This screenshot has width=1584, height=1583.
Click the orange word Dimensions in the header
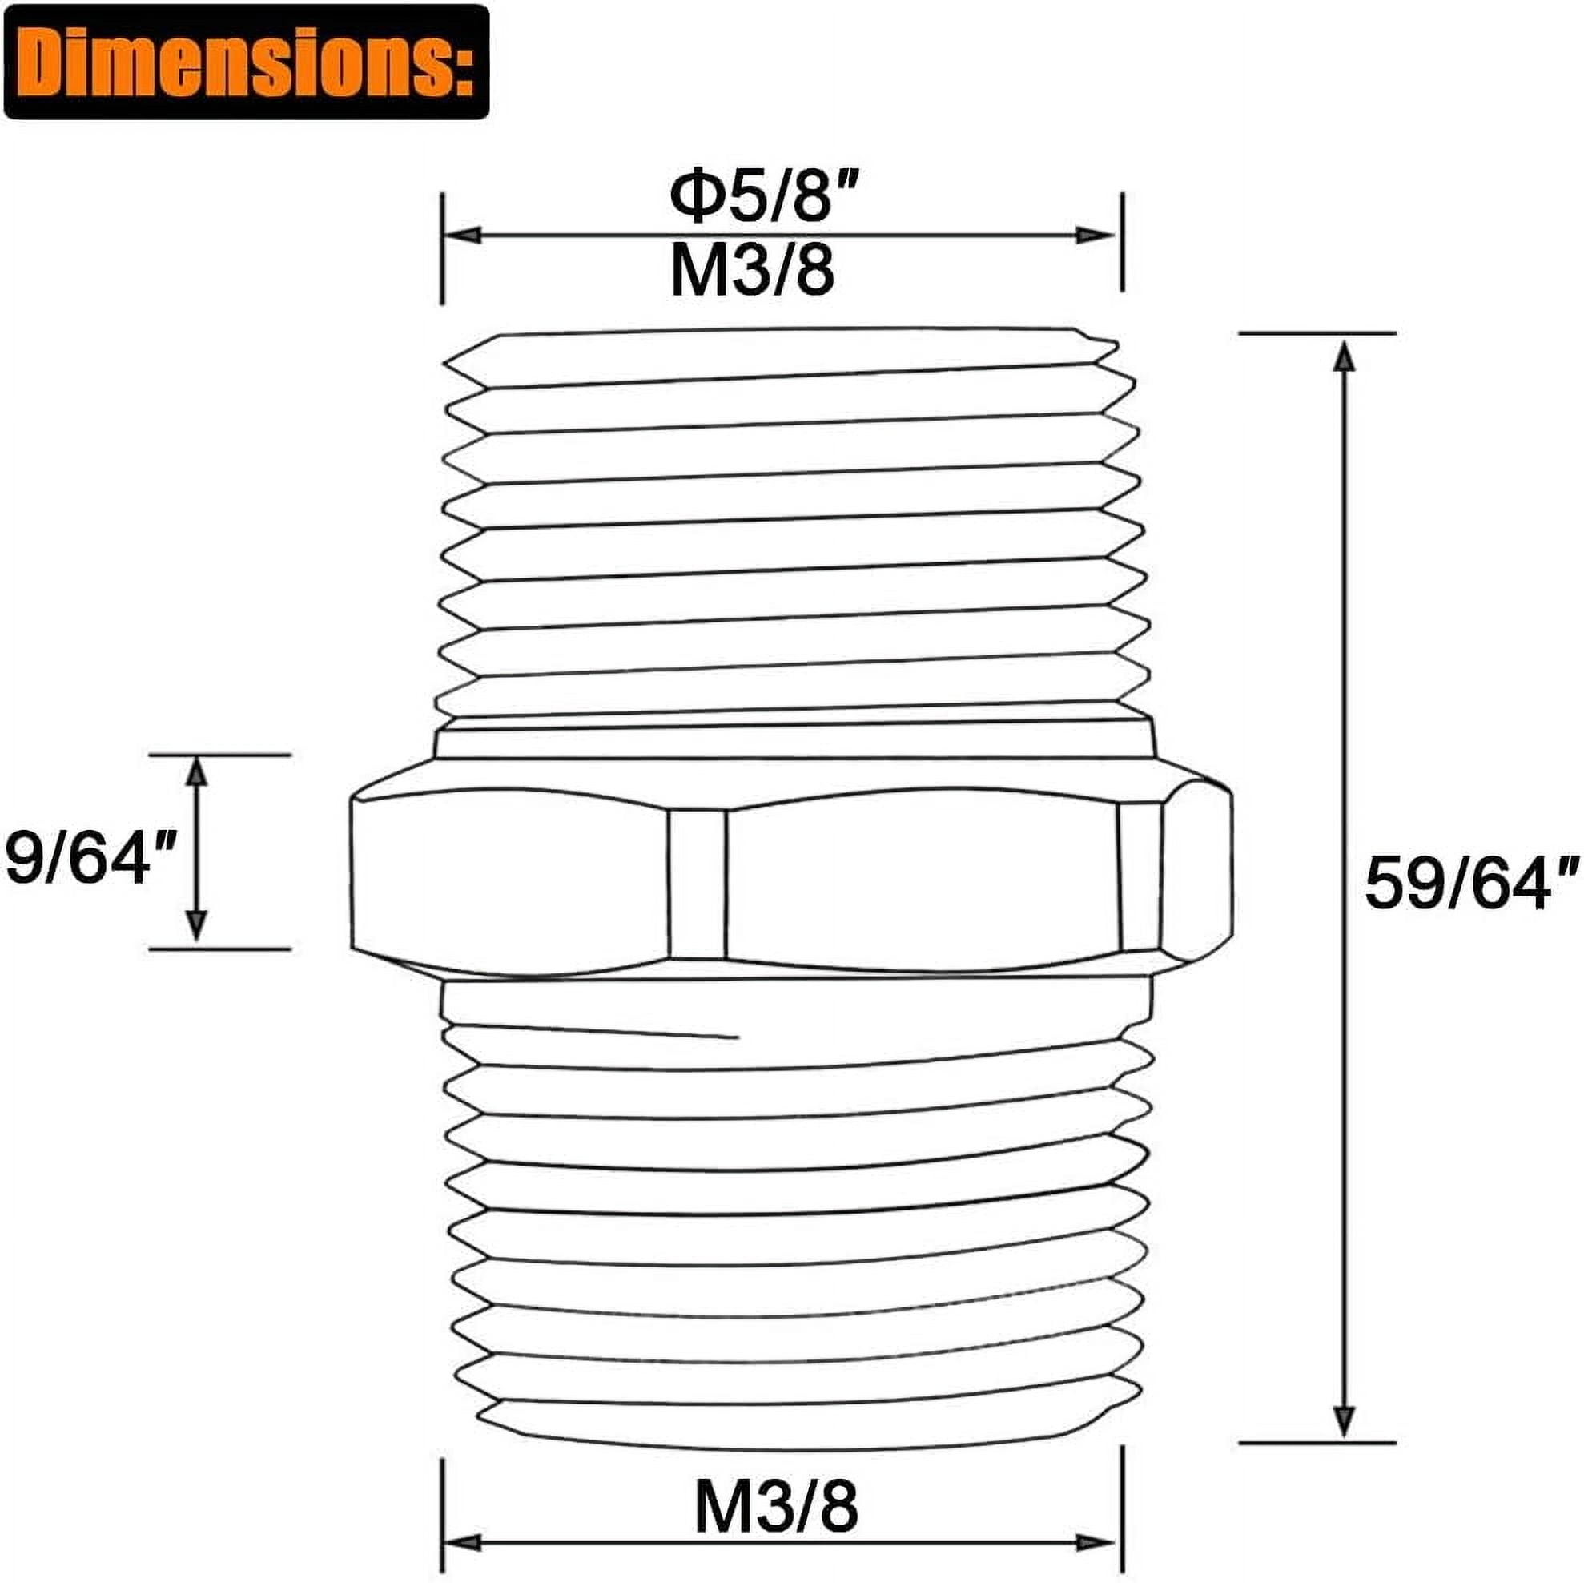pyautogui.click(x=239, y=64)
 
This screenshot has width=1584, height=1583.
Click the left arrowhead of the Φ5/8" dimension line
pyautogui.click(x=461, y=236)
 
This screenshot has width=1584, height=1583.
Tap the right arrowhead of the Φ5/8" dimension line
pyautogui.click(x=1096, y=236)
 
